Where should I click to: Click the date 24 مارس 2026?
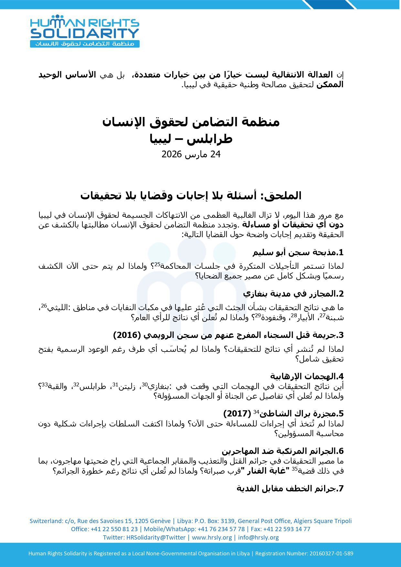(191, 154)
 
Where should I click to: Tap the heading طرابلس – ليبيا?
(191, 139)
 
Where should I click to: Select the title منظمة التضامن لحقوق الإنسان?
(191, 122)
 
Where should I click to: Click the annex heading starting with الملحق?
(191, 195)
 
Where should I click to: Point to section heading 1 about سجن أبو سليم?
(298, 252)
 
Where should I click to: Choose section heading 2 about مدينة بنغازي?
(293, 294)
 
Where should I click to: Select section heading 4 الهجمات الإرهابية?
(307, 376)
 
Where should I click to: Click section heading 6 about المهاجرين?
(282, 451)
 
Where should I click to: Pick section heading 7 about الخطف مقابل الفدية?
(290, 488)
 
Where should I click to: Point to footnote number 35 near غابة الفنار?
(294, 469)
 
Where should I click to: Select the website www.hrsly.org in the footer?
(212, 537)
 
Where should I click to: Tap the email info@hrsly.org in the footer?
(258, 537)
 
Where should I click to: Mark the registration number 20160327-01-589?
(331, 553)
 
